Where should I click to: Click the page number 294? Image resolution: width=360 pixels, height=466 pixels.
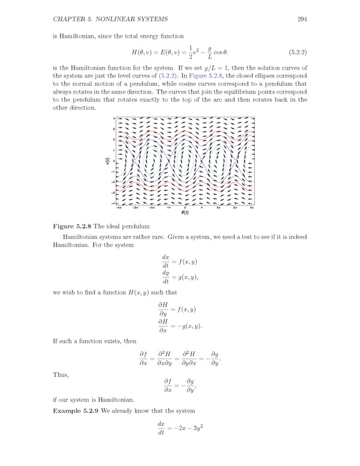point(303,20)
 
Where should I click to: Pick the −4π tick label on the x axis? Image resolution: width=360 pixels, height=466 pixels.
point(118,206)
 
